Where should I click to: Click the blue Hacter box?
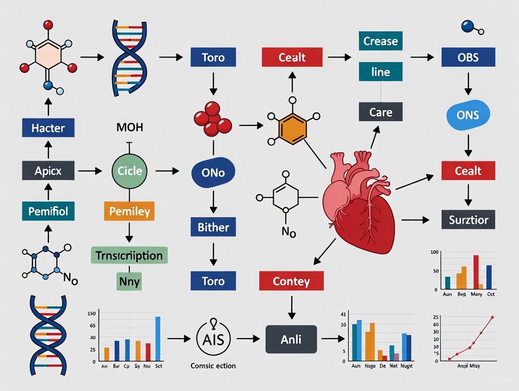coord(48,128)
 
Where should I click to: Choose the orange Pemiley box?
coord(129,211)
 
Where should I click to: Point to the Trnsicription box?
coord(129,256)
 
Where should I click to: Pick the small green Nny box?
coord(129,282)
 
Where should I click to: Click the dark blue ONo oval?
coord(213,172)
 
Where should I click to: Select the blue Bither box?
coord(213,227)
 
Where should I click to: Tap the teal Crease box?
coord(381,41)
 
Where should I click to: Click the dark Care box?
coord(381,112)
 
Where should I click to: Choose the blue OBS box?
coord(468,57)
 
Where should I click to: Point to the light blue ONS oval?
coord(468,114)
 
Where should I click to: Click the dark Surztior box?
coord(468,219)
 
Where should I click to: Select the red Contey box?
coord(291,282)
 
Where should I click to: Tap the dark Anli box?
coord(291,338)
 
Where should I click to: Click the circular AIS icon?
coord(214,338)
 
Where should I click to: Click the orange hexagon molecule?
coord(292,126)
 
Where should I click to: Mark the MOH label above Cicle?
coord(129,128)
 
